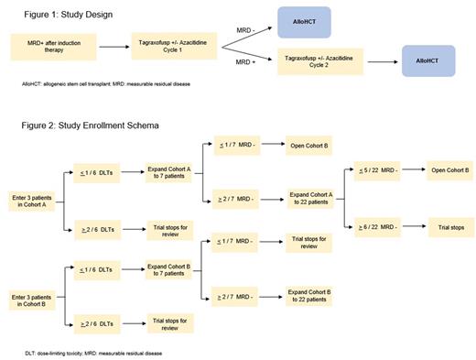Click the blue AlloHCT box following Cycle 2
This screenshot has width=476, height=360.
tap(427, 61)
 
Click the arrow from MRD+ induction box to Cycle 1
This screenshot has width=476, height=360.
tap(114, 46)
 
